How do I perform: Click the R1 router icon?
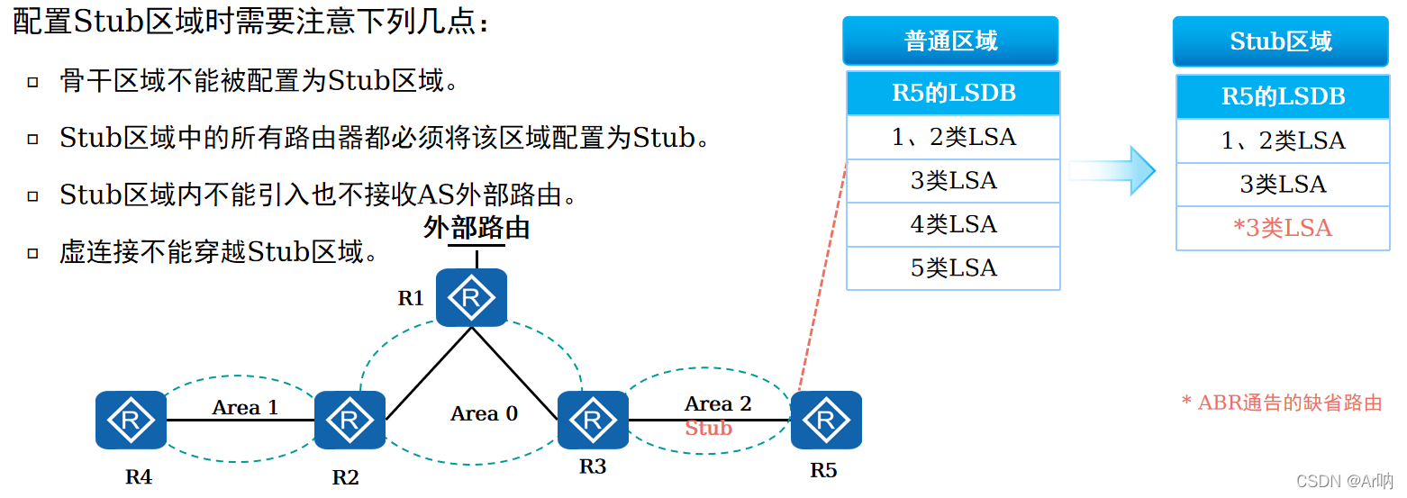(x=471, y=298)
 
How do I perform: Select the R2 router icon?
(x=349, y=420)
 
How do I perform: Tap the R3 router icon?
(x=593, y=420)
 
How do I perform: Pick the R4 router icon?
(x=132, y=420)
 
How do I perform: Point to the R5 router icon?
(x=826, y=420)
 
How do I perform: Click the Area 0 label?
(x=484, y=413)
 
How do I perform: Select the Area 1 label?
(x=245, y=407)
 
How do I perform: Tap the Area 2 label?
(x=717, y=403)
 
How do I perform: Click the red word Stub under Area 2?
(x=708, y=428)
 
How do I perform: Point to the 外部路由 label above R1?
(x=477, y=228)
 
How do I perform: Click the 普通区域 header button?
(x=950, y=41)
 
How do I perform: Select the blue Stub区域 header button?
(x=1280, y=41)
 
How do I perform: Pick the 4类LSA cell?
(x=953, y=224)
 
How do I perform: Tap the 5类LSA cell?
(x=953, y=268)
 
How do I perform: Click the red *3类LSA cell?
(x=1282, y=229)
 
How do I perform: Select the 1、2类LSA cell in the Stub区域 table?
(x=1282, y=140)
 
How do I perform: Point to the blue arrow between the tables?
(x=1115, y=170)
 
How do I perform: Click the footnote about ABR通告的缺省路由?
(x=1281, y=403)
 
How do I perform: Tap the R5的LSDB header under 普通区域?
(x=953, y=93)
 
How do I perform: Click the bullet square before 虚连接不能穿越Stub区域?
(x=33, y=253)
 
